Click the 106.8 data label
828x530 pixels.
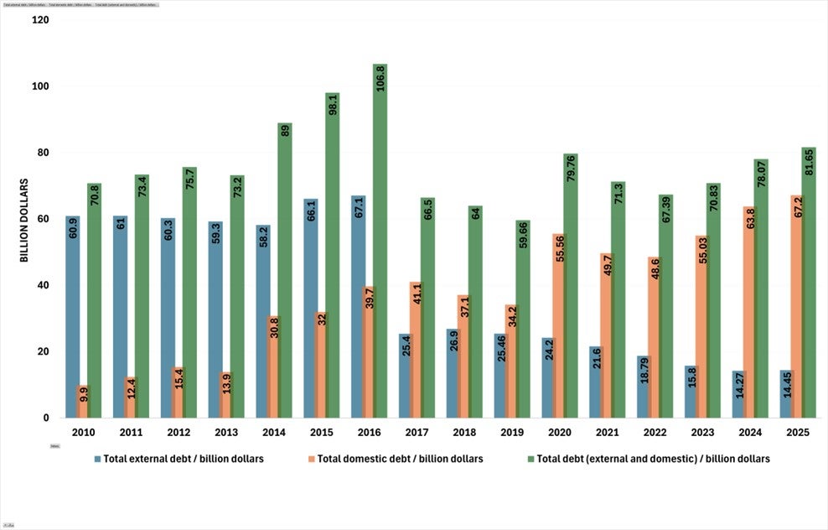(381, 78)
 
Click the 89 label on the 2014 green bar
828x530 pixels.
(285, 130)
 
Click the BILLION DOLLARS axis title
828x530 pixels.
(24, 219)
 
